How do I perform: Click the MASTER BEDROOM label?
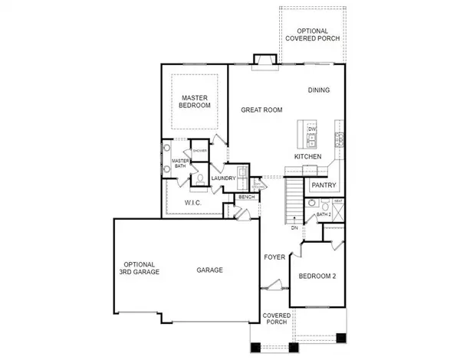pyautogui.click(x=195, y=102)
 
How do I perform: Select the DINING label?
pyautogui.click(x=319, y=90)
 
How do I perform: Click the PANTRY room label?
pyautogui.click(x=320, y=185)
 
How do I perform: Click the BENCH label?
pyautogui.click(x=246, y=198)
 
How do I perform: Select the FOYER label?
pyautogui.click(x=274, y=257)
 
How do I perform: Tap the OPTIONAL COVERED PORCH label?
pyautogui.click(x=314, y=34)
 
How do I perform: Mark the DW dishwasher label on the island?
pyautogui.click(x=312, y=129)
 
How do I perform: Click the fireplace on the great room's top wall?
pyautogui.click(x=265, y=63)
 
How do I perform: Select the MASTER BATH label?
pyautogui.click(x=180, y=163)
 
